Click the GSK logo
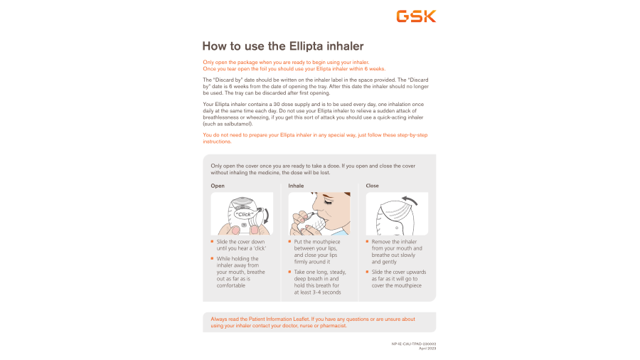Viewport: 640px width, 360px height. click(x=416, y=16)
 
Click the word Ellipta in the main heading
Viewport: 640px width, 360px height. click(x=306, y=46)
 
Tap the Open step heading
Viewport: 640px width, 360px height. click(x=218, y=186)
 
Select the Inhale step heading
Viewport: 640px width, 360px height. click(x=296, y=186)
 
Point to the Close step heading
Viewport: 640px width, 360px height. click(x=372, y=186)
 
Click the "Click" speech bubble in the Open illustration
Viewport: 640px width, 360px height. click(x=245, y=214)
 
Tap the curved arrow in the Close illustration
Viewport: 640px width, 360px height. click(x=410, y=200)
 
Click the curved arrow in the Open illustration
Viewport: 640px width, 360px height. click(x=266, y=216)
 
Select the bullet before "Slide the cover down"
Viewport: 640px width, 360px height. click(x=212, y=241)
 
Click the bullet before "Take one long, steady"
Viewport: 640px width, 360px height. click(x=290, y=272)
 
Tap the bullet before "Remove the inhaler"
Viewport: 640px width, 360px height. click(x=368, y=241)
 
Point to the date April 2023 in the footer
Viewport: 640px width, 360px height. click(x=427, y=349)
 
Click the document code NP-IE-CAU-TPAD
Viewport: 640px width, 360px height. click(x=414, y=344)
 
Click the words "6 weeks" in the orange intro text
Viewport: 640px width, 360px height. click(x=375, y=68)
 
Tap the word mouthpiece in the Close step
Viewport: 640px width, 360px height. click(x=407, y=286)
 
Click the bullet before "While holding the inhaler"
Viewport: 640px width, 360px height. click(x=212, y=258)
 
